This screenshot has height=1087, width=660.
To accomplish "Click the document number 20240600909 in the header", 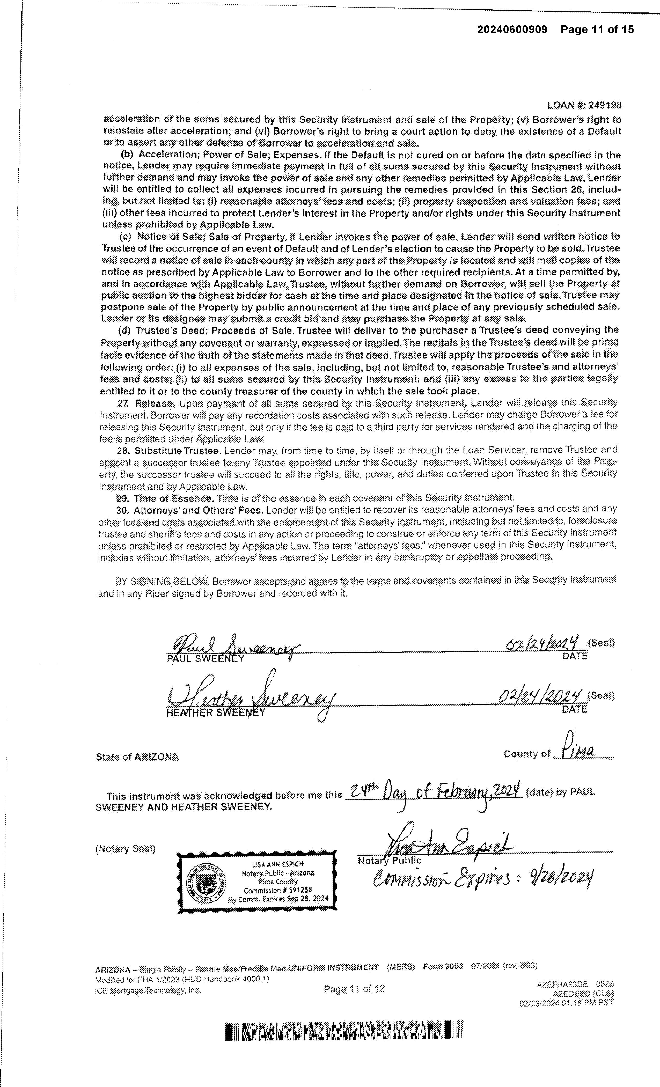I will [x=512, y=30].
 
